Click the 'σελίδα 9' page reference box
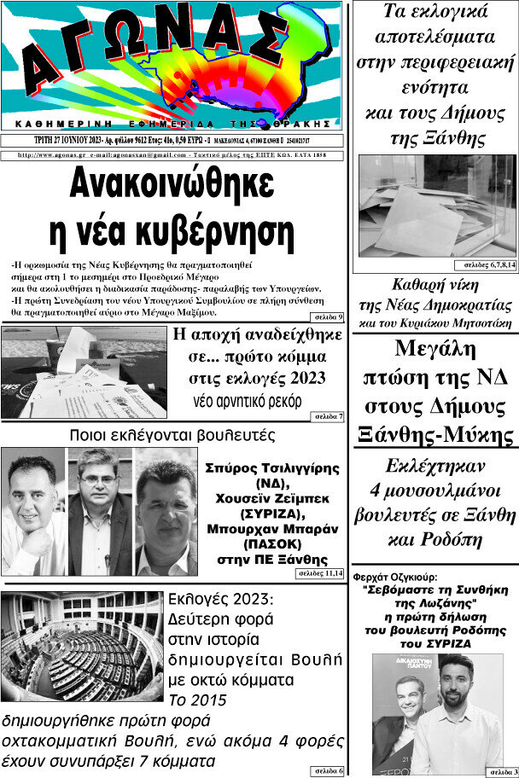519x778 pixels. pyautogui.click(x=328, y=317)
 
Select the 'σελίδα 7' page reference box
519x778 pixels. pyautogui.click(x=328, y=415)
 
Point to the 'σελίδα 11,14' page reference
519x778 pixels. pyautogui.click(x=320, y=574)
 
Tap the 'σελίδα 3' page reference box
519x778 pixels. pyautogui.click(x=503, y=771)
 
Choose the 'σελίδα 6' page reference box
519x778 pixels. pyautogui.click(x=328, y=771)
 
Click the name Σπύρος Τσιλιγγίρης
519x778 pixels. pyautogui.click(x=272, y=468)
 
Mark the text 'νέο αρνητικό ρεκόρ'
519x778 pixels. pyautogui.click(x=248, y=400)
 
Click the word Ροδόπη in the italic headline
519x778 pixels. pyautogui.click(x=467, y=539)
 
